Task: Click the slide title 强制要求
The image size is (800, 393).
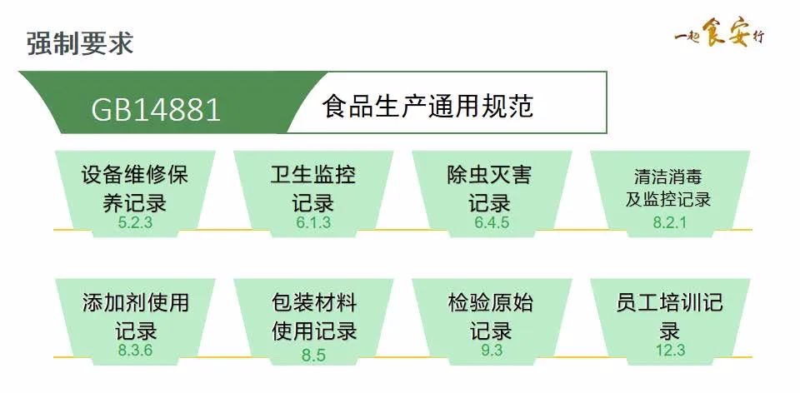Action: point(80,42)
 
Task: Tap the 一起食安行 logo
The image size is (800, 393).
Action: point(718,35)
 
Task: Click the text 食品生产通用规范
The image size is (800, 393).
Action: point(427,107)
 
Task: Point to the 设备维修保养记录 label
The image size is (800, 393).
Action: point(135,188)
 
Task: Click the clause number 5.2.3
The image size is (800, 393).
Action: point(135,222)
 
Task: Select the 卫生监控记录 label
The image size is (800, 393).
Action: point(313,188)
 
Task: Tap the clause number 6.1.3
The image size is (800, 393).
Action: point(313,222)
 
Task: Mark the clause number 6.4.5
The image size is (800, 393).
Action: point(492,222)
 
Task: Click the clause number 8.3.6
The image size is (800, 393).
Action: point(135,350)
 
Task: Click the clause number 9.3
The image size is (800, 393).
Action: point(492,350)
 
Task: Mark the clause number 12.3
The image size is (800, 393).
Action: point(670,350)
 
